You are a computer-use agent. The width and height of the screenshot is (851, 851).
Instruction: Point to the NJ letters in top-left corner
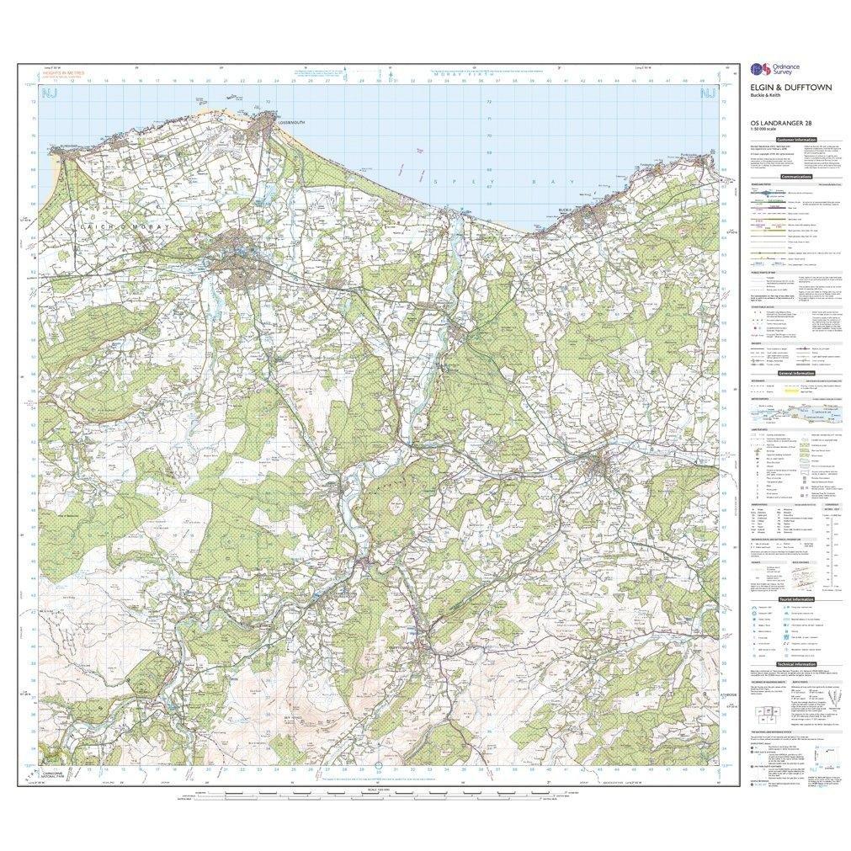pyautogui.click(x=50, y=93)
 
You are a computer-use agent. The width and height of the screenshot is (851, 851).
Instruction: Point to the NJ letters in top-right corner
pyautogui.click(x=709, y=93)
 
